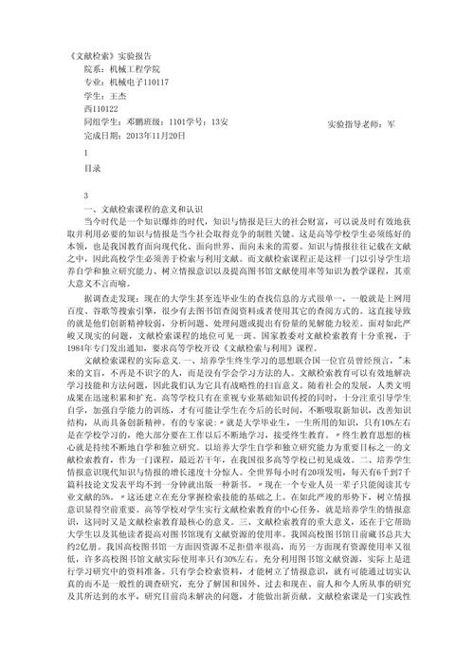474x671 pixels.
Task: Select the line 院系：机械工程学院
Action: pyautogui.click(x=123, y=69)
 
